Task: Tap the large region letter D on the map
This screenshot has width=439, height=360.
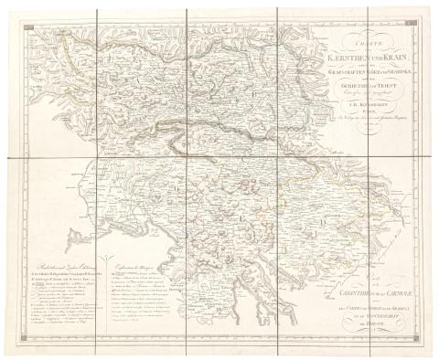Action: coord(321,218)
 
